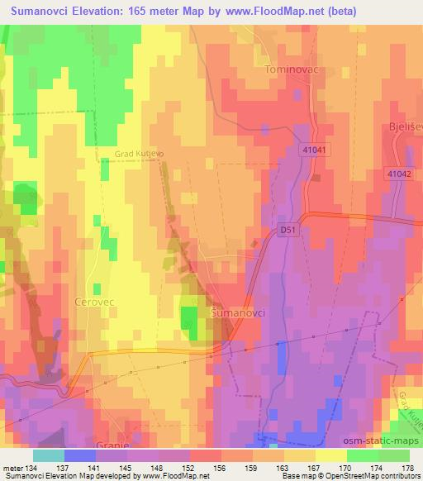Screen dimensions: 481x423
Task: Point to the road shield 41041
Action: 315,150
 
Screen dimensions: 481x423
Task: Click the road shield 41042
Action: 398,174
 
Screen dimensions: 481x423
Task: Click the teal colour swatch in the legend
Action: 49,455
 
